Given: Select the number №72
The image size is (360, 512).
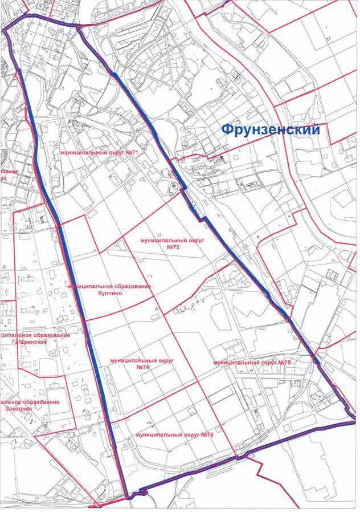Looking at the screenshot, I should coord(173,249).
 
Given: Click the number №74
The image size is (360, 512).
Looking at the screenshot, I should coord(143,368).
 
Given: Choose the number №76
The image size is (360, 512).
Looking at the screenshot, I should coord(207,434).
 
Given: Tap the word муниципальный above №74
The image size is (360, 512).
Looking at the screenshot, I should coord(130,361).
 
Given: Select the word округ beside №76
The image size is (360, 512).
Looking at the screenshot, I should coord(191,434).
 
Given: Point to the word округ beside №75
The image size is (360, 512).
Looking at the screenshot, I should coord(267,362).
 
